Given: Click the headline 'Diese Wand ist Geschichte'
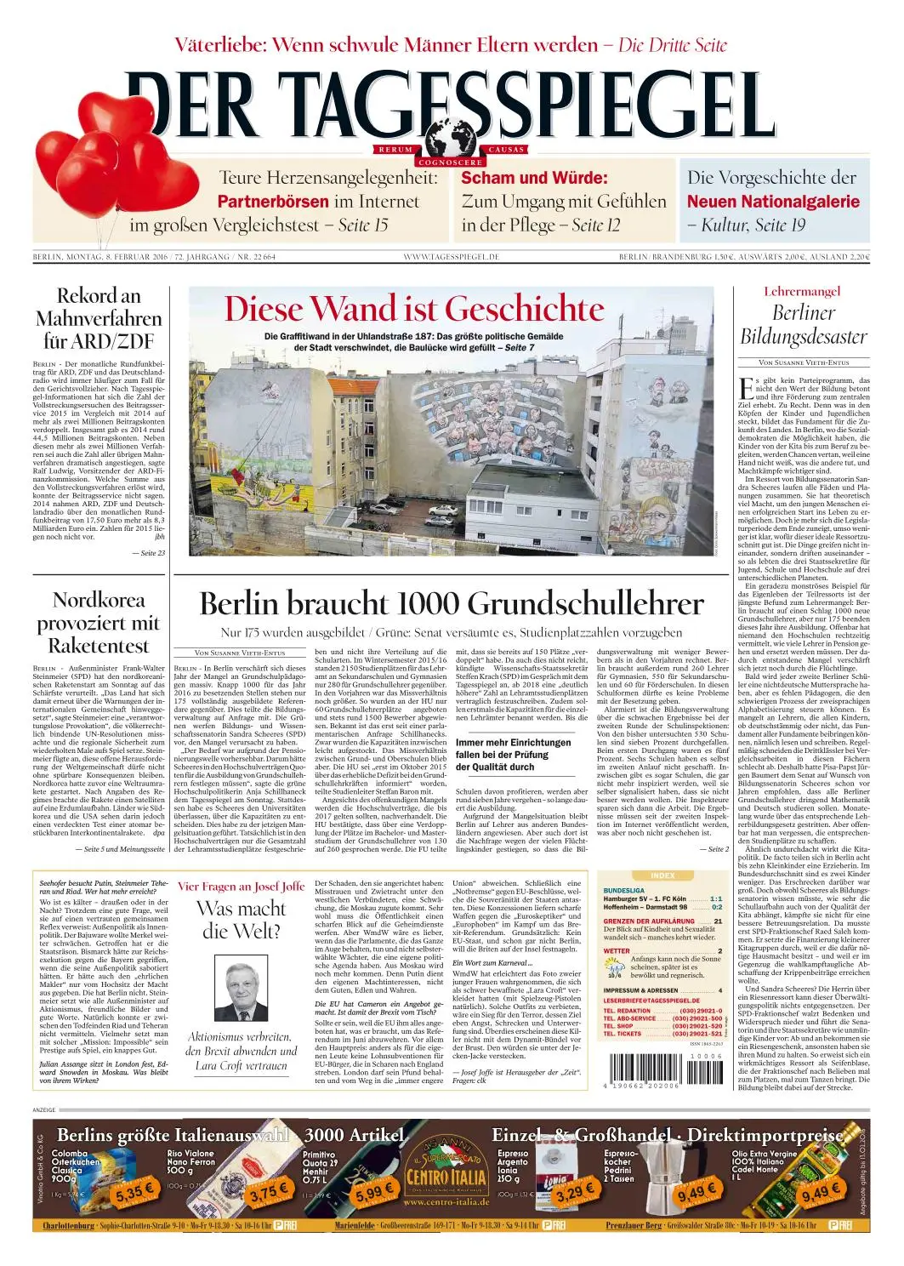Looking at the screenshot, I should (414, 309).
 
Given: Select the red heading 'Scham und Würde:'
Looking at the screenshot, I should (534, 179).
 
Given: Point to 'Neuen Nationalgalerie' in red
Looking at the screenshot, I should (773, 202).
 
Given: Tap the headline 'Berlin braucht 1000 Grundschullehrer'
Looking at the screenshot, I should (451, 603).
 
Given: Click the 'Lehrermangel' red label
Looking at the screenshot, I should (802, 292).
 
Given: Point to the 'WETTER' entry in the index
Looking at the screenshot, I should (617, 951).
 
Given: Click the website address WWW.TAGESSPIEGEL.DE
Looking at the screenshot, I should (451, 257).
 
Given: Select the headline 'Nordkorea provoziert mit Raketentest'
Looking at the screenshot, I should (98, 623).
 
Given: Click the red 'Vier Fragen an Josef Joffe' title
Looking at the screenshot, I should (241, 886).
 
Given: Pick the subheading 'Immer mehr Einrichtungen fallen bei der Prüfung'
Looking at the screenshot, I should (513, 755).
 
